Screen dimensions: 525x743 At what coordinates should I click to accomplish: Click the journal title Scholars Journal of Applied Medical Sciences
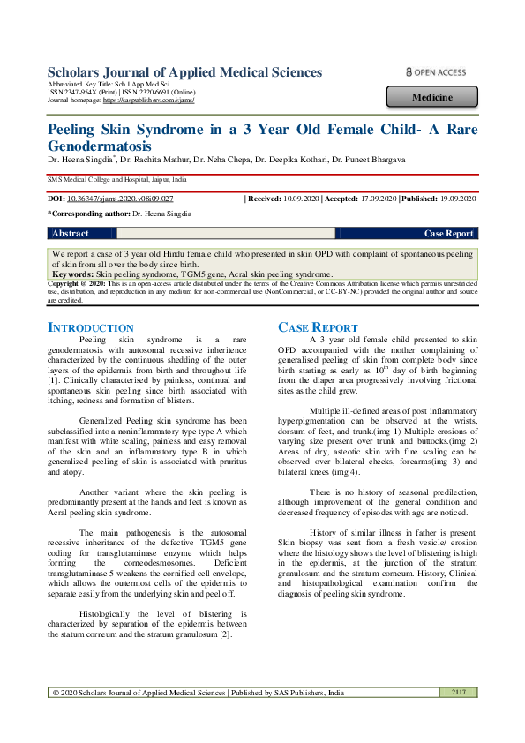click(x=184, y=72)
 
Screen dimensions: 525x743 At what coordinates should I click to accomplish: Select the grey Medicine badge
click(x=432, y=97)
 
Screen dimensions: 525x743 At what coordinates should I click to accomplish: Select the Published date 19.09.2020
click(x=455, y=199)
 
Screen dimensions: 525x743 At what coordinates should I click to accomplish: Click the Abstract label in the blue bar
click(x=71, y=234)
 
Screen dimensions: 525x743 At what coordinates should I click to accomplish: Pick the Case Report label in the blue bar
click(x=448, y=234)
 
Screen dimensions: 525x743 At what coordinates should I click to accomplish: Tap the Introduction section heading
click(x=91, y=327)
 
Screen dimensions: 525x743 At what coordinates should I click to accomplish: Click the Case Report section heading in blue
click(x=318, y=327)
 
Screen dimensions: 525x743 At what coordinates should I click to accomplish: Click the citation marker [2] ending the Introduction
click(x=225, y=634)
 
